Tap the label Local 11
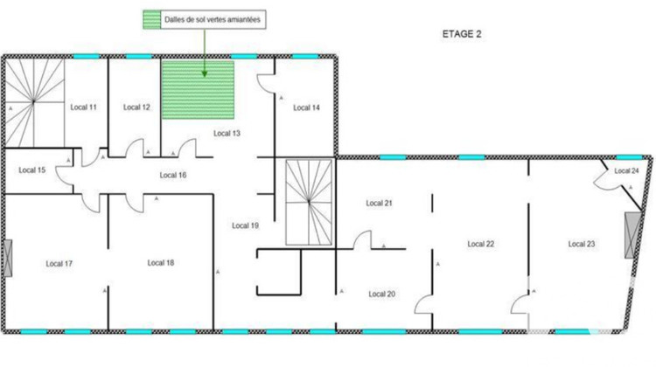pyautogui.click(x=82, y=107)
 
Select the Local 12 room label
pyautogui.click(x=136, y=107)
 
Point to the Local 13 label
pyautogui.click(x=227, y=133)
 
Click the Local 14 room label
pyautogui.click(x=306, y=107)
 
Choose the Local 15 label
pyautogui.click(x=31, y=170)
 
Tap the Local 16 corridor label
pyautogui.click(x=172, y=175)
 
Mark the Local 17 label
pyautogui.click(x=59, y=263)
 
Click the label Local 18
pyautogui.click(x=161, y=263)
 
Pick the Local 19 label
pyautogui.click(x=245, y=225)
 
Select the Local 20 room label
pyautogui.click(x=382, y=294)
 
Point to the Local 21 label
pyautogui.click(x=379, y=203)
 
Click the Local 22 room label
pyautogui.click(x=481, y=244)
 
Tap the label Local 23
pyautogui.click(x=581, y=244)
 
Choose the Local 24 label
pyautogui.click(x=626, y=170)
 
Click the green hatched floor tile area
pyautogui.click(x=198, y=91)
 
